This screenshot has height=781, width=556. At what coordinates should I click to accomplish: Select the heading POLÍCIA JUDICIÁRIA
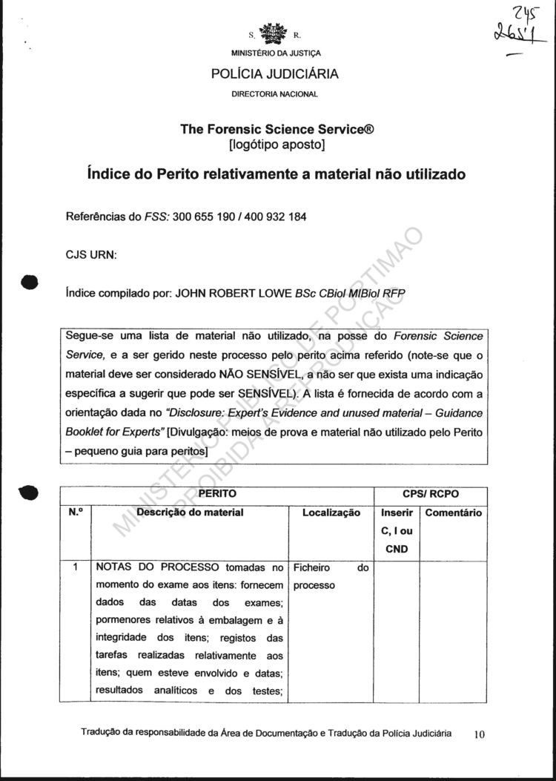(275, 73)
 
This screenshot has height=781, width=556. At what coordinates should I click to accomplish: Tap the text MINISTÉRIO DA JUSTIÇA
(275, 53)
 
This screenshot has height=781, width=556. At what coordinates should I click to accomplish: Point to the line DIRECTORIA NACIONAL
(275, 94)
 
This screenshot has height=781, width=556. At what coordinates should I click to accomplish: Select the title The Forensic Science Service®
(277, 128)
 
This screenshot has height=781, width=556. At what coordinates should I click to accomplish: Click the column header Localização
(331, 513)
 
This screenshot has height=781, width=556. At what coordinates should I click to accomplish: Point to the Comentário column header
(454, 513)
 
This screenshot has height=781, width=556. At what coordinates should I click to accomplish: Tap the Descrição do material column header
(190, 513)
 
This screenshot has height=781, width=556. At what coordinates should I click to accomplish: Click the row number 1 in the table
(75, 568)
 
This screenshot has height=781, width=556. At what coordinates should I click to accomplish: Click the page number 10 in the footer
(478, 734)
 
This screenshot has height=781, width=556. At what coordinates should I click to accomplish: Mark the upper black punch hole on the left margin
(29, 282)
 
